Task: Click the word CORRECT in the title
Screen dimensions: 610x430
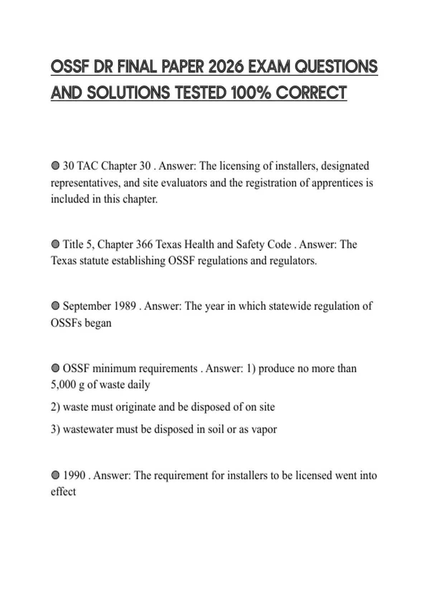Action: point(311,93)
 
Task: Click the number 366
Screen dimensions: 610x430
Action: point(144,244)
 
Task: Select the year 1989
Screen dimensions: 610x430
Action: point(125,306)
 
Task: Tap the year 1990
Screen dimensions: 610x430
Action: point(74,475)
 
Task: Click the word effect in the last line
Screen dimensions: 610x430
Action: point(63,492)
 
